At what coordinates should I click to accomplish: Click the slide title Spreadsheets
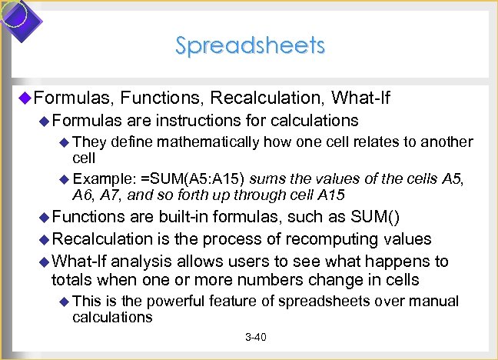point(250,45)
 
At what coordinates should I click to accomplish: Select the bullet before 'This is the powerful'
point(64,302)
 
